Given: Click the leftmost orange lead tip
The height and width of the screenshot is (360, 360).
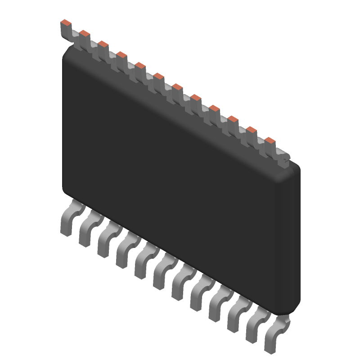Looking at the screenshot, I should (x=66, y=22).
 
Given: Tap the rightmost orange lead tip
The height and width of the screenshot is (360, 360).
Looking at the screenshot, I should (x=270, y=141).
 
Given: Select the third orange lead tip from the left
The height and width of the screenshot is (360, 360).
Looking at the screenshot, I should (x=103, y=44).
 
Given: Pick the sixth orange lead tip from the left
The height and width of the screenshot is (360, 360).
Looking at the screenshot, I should (x=158, y=76).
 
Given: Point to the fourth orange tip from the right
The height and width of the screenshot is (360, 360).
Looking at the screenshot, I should (x=214, y=108).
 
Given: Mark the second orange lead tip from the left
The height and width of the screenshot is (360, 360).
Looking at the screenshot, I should (x=85, y=33).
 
